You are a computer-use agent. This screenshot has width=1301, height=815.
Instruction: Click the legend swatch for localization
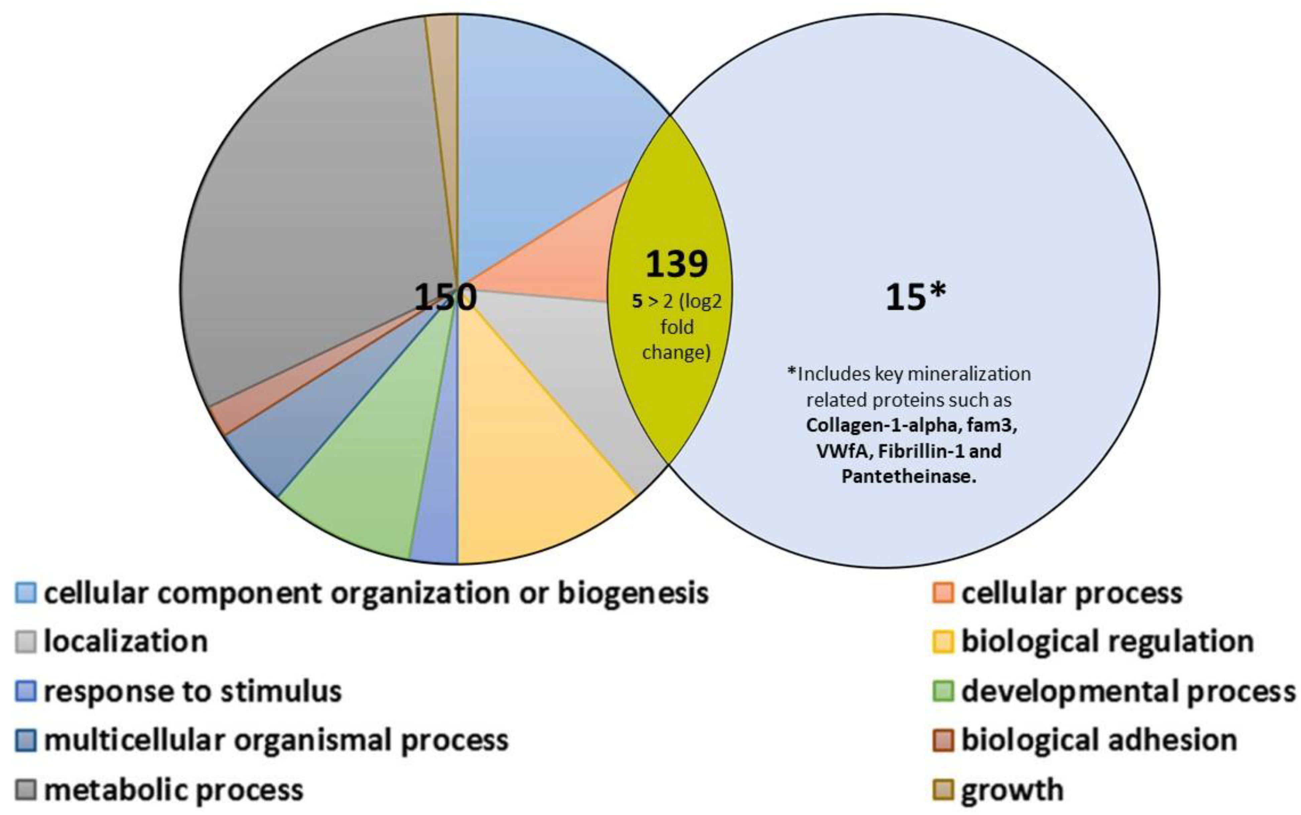(25, 641)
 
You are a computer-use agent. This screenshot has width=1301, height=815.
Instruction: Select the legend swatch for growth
(943, 790)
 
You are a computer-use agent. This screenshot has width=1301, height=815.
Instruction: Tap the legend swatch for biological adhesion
(943, 740)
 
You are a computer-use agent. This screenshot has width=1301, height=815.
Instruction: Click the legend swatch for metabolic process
(25, 790)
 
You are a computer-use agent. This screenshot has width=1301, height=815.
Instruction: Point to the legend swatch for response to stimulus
(25, 691)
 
